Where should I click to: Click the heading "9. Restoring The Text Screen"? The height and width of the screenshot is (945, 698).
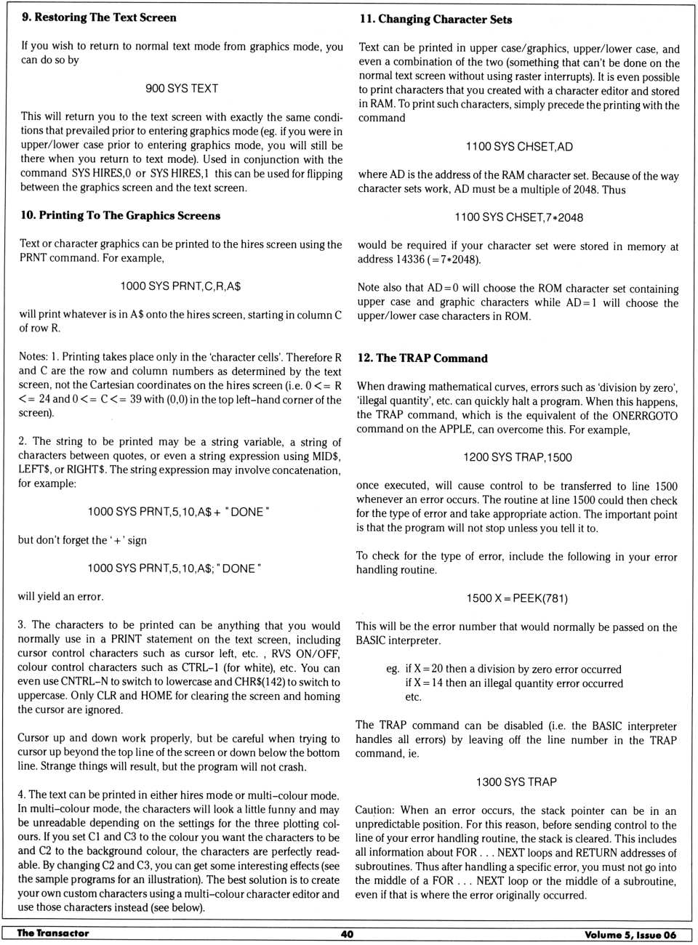(x=99, y=17)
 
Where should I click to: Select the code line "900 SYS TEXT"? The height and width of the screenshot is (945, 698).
(x=182, y=88)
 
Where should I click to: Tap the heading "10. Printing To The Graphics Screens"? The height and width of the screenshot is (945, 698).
(x=120, y=215)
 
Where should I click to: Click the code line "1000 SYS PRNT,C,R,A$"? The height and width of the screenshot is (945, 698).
(x=180, y=286)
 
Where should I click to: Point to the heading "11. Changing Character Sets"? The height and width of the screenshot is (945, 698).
(x=436, y=20)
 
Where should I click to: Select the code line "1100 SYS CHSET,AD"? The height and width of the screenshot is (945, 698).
(x=519, y=147)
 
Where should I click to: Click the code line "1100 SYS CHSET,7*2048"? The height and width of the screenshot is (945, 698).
(x=518, y=217)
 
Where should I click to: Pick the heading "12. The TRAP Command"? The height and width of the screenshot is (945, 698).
(x=422, y=358)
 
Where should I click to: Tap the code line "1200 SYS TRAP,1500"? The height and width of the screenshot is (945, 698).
(x=517, y=457)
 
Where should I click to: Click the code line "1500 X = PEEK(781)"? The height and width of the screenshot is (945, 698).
(x=517, y=598)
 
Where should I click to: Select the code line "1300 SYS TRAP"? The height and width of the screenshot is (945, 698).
(x=516, y=782)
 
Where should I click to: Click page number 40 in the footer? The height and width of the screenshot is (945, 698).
(x=347, y=934)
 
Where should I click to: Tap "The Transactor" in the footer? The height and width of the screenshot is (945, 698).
(x=53, y=933)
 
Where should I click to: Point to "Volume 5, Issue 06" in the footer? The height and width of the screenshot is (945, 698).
(x=630, y=935)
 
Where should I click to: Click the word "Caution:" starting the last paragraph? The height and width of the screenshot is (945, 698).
(x=374, y=811)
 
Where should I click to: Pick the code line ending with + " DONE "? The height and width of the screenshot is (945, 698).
(x=178, y=512)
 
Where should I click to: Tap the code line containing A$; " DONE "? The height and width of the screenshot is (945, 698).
(x=174, y=568)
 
